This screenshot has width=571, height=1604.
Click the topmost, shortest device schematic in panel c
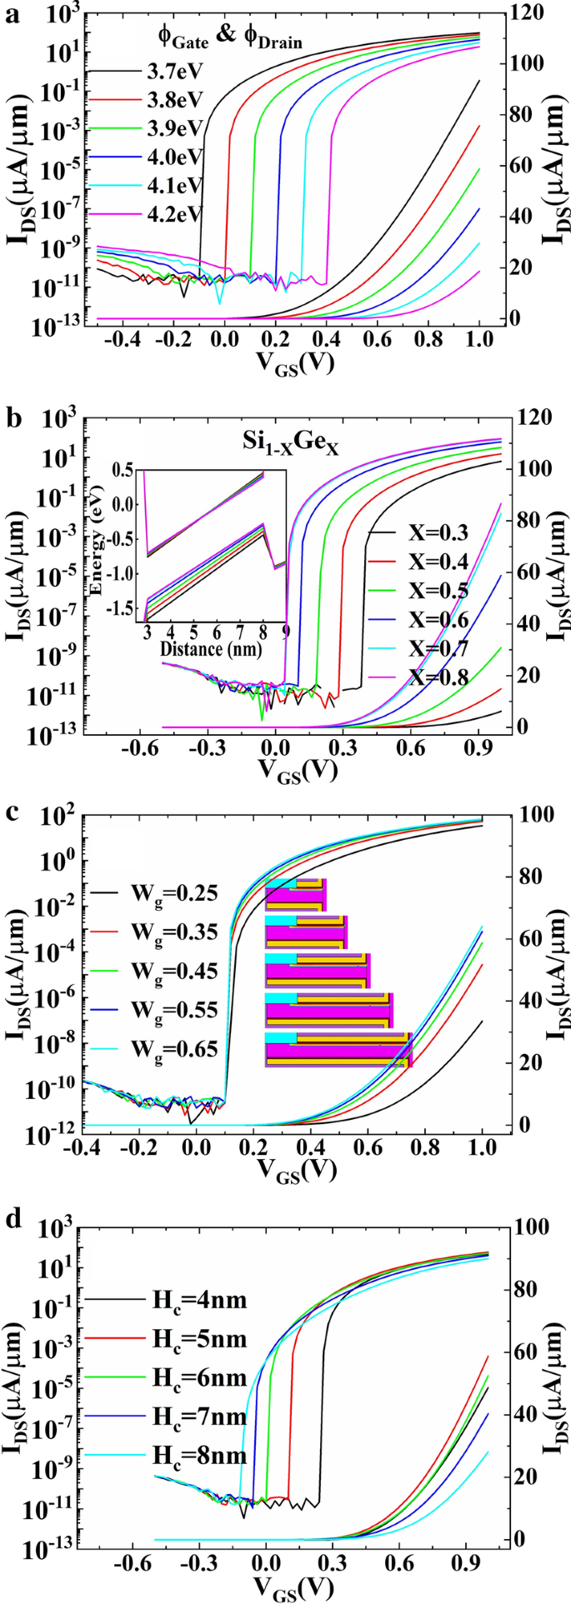(296, 895)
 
